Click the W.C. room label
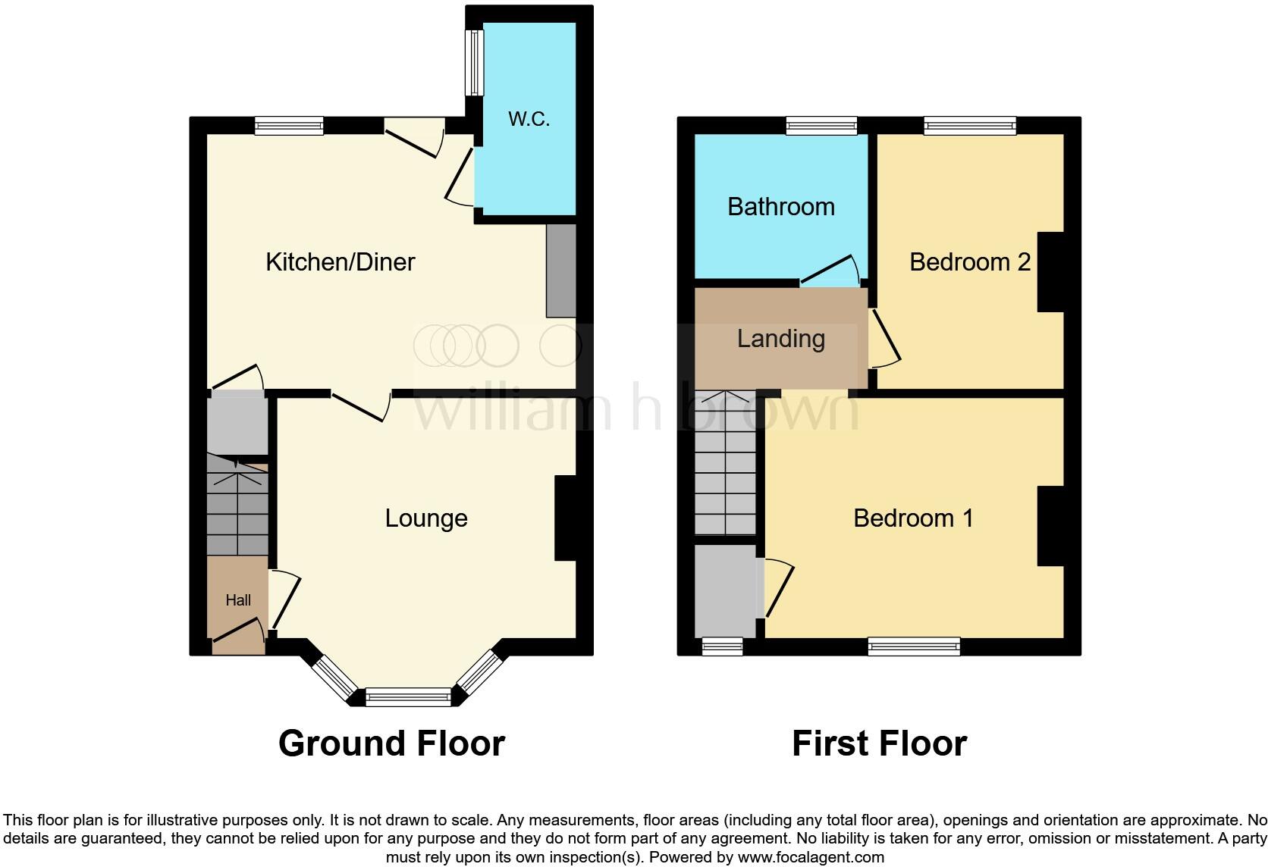coord(529,119)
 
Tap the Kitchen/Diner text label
coord(340,262)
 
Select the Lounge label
coord(425,518)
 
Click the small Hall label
coord(237,600)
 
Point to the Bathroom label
coord(780,207)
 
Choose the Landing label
coord(780,339)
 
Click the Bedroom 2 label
coord(969,262)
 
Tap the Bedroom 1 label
coord(912,518)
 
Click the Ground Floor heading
coord(391,743)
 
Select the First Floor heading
coord(879,743)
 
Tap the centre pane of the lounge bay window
coord(408,696)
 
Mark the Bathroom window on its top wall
coord(821,125)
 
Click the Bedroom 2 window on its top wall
coord(969,125)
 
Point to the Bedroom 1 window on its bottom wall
coord(914,646)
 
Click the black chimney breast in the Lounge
coord(566,518)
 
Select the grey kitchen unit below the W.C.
coord(560,271)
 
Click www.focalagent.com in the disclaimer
coord(810,858)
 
